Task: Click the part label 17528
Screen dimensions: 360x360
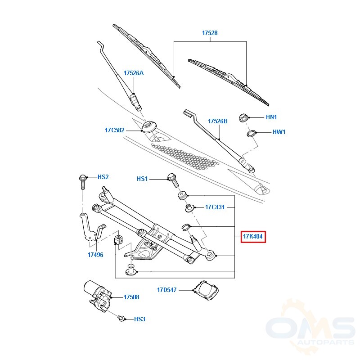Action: (x=210, y=33)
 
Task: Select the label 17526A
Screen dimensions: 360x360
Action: (x=134, y=73)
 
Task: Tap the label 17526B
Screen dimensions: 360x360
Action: (x=218, y=121)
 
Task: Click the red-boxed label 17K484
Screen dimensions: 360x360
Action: (x=253, y=237)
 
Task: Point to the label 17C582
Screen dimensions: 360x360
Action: (x=115, y=130)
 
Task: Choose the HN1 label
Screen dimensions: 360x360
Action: (x=271, y=117)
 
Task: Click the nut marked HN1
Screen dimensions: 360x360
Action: (x=243, y=118)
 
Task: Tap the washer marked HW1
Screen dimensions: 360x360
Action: (x=251, y=133)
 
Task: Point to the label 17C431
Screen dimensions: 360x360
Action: (x=215, y=207)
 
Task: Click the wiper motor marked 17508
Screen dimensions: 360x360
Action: (x=97, y=295)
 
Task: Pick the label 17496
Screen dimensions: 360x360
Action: (x=95, y=255)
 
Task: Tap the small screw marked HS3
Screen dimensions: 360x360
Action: (x=121, y=318)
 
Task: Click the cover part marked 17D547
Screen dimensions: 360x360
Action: (x=206, y=290)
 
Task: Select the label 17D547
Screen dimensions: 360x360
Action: (x=166, y=290)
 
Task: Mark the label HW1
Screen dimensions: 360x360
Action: (x=279, y=132)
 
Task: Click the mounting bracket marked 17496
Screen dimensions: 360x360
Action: (x=92, y=227)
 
